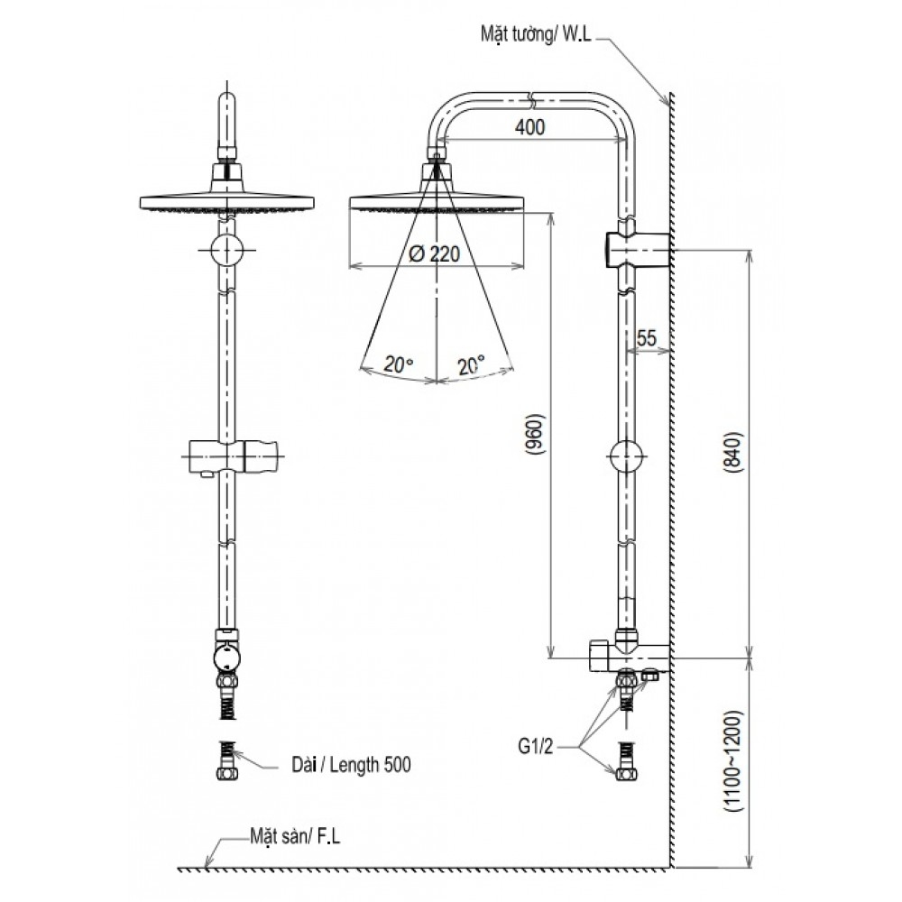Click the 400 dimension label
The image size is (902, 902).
(530, 128)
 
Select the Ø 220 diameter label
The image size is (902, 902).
(435, 254)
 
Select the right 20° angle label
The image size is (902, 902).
(470, 364)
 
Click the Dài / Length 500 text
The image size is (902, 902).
(352, 765)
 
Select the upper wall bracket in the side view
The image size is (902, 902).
(637, 247)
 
